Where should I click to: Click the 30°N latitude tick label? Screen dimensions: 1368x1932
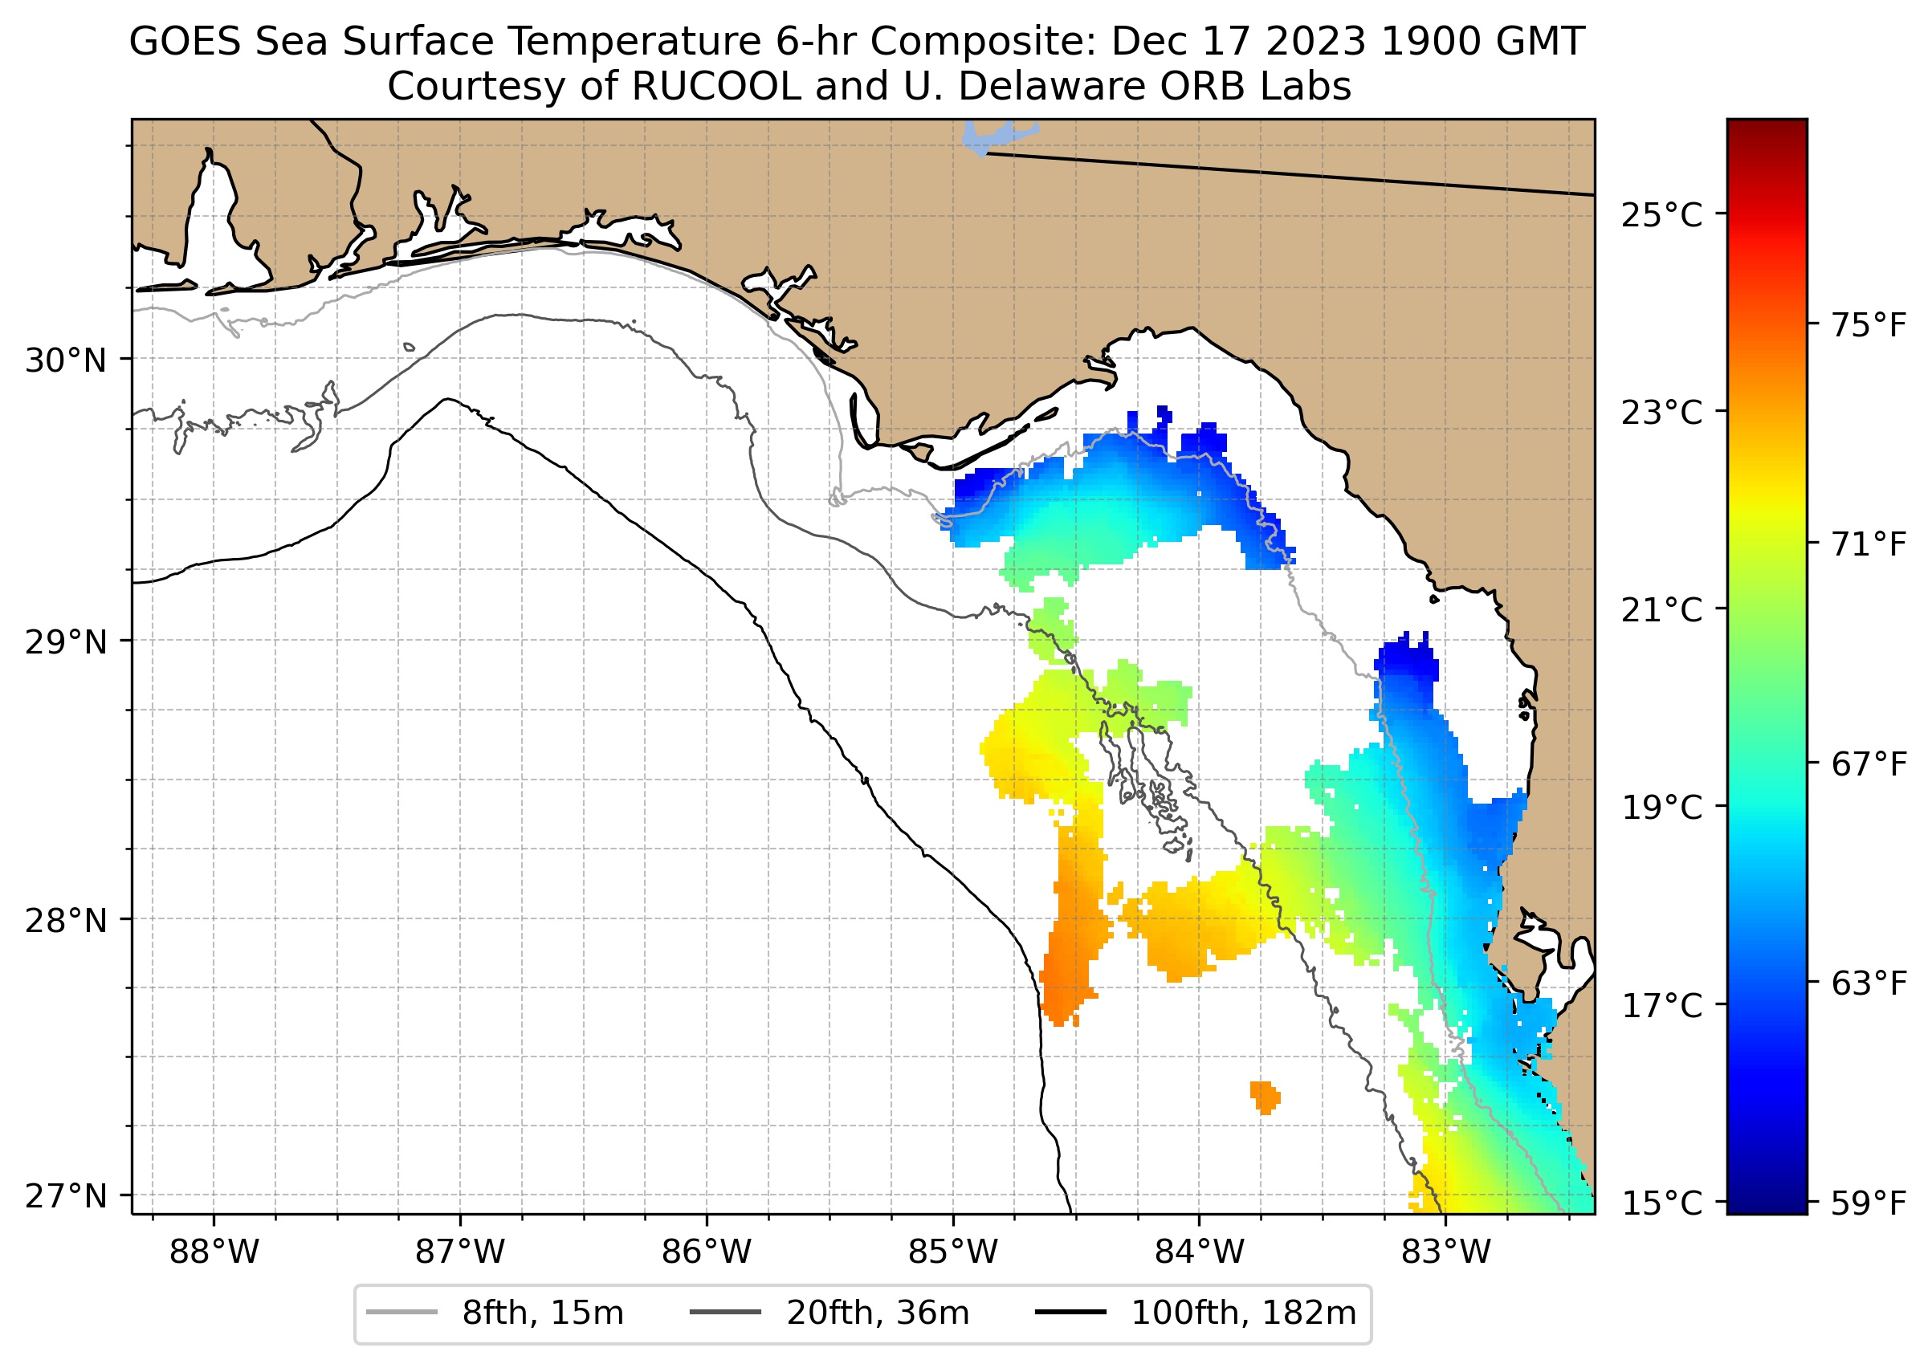[66, 360]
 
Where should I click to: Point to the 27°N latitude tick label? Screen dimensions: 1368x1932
[66, 1196]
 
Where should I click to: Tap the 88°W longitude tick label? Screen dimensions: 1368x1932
[214, 1252]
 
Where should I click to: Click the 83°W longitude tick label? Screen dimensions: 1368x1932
[1446, 1252]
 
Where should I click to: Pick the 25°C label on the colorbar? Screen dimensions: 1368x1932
[1661, 216]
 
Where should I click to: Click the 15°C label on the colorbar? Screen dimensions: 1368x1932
[1661, 1203]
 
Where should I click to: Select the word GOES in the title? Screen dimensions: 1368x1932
[186, 42]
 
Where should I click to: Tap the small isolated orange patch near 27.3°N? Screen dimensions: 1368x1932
[1265, 1097]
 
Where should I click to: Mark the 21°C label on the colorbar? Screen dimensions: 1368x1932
[1661, 610]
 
